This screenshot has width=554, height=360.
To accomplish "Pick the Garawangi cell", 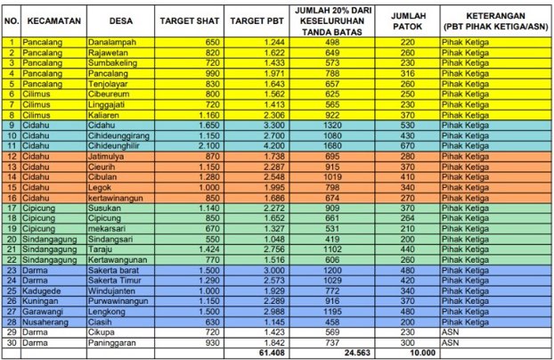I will click(44, 310).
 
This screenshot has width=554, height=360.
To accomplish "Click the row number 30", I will click(10, 340).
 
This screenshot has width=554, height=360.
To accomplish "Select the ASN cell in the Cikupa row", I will click(451, 331).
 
